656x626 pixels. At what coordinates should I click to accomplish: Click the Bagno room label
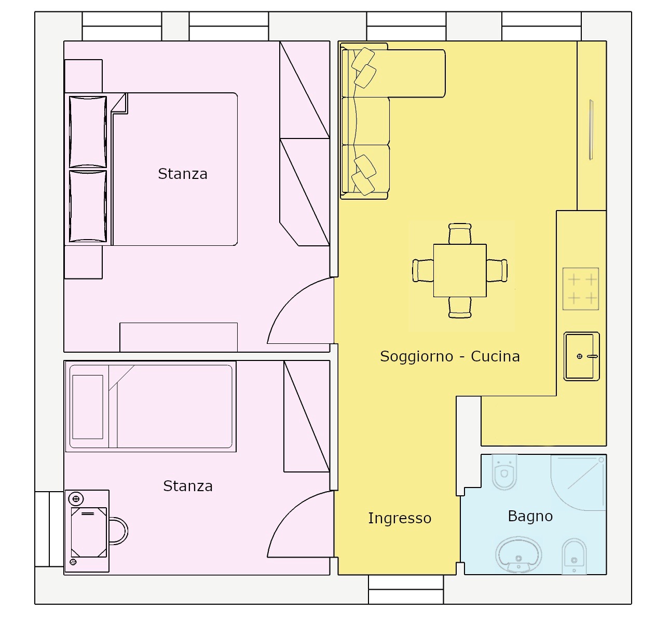[x=530, y=516]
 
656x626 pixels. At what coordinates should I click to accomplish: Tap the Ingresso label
[x=400, y=518]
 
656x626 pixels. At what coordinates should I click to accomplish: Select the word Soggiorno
[x=416, y=356]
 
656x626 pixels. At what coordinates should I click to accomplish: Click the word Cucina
[x=495, y=356]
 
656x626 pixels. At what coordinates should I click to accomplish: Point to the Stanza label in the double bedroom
[x=182, y=174]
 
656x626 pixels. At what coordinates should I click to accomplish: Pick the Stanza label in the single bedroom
[x=188, y=486]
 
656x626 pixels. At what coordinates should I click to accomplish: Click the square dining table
[x=459, y=270]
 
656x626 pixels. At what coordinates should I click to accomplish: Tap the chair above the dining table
[x=460, y=233]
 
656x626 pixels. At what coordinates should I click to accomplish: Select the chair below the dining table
[x=460, y=308]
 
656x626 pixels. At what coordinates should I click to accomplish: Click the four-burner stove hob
[x=581, y=289]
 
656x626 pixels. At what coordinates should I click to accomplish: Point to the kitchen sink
[x=581, y=356]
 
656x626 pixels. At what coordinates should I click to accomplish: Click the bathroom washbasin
[x=518, y=555]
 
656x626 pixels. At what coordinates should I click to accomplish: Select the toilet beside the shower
[x=504, y=471]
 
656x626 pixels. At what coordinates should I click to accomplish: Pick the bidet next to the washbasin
[x=574, y=557]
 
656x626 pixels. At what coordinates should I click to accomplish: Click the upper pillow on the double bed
[x=88, y=132]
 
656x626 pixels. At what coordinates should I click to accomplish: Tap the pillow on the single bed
[x=88, y=407]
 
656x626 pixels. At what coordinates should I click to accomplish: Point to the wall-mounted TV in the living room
[x=591, y=130]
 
